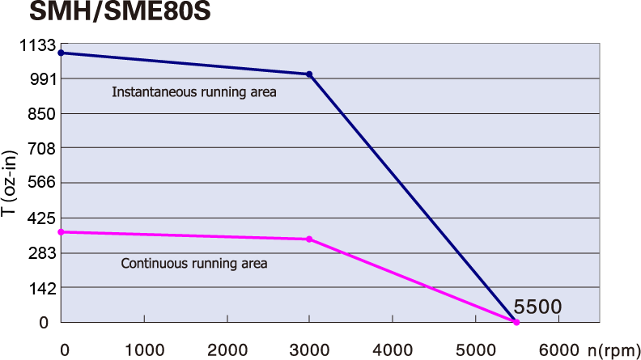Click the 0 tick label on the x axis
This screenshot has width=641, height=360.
tap(65, 350)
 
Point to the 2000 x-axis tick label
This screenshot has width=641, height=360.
tap(227, 350)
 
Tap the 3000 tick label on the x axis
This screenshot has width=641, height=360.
tap(310, 350)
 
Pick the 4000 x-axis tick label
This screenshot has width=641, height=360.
tap(393, 350)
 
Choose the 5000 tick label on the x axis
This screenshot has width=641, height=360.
tap(475, 350)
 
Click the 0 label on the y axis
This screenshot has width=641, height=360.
tap(45, 323)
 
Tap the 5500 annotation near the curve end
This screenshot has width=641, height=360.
tap(537, 307)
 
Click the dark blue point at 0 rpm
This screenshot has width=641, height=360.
tap(61, 53)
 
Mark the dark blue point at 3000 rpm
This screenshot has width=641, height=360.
tap(309, 74)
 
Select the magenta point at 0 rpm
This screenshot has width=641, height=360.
tap(61, 232)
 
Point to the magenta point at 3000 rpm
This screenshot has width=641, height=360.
tap(309, 239)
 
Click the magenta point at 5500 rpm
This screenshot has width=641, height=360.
tap(516, 323)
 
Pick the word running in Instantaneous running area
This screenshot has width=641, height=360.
tap(226, 92)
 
